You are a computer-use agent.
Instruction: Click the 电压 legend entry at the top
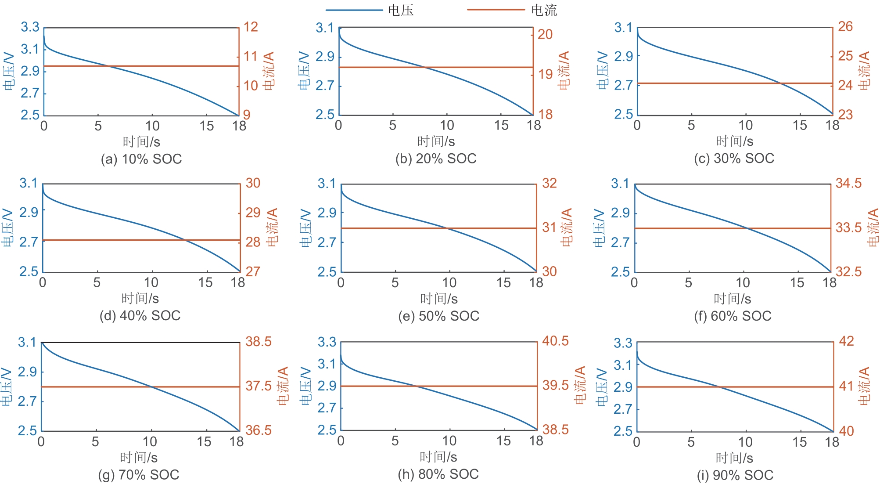[x=400, y=10]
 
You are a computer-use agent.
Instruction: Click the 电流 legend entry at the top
[x=543, y=10]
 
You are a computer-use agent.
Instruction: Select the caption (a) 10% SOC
[x=141, y=159]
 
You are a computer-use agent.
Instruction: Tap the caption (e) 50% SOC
[x=438, y=316]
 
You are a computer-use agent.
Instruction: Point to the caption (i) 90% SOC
[x=735, y=475]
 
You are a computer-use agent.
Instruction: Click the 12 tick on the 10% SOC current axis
[x=251, y=27]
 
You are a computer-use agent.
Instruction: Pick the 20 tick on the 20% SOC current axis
[x=545, y=34]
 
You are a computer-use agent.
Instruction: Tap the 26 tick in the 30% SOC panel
[x=845, y=27]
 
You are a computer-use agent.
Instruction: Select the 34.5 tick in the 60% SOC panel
[x=848, y=183]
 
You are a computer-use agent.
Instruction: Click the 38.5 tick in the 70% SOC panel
[x=258, y=341]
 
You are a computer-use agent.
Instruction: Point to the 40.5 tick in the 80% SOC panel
[x=555, y=341]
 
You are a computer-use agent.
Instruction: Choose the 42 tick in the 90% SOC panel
[x=846, y=341]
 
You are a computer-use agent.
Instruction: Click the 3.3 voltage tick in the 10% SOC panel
[x=30, y=27]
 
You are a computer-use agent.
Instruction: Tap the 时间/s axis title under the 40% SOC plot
[x=140, y=299]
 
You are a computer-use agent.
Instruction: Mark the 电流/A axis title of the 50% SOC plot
[x=567, y=227]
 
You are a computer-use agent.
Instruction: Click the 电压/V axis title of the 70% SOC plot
[x=6, y=386]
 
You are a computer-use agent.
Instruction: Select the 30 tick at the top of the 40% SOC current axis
[x=253, y=183]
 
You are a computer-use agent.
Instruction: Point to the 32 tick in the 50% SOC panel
[x=549, y=183]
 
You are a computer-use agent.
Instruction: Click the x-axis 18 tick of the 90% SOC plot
[x=832, y=442]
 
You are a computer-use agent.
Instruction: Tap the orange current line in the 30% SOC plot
[x=702, y=83]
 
